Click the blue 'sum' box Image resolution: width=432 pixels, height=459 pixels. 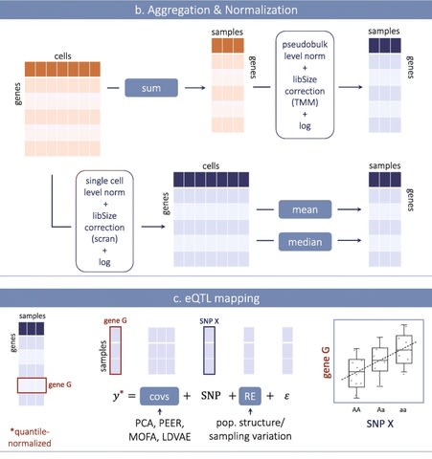coord(151,88)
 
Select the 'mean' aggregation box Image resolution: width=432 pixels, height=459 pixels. coord(305,209)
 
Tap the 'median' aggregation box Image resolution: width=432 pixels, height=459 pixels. coord(305,242)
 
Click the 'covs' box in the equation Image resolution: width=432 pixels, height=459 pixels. coord(159,396)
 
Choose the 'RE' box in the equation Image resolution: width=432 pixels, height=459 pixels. coord(250,396)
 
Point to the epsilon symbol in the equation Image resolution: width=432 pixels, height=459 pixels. coord(286,396)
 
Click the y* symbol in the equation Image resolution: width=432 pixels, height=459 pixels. coord(118,396)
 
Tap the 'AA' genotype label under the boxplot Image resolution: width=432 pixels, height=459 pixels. coord(356,409)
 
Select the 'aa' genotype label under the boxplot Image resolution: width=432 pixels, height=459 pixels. coord(403,409)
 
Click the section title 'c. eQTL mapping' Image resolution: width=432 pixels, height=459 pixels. coord(216,298)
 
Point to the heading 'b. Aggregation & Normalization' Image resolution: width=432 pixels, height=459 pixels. coord(216,10)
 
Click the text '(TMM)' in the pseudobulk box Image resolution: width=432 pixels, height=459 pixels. coord(305,102)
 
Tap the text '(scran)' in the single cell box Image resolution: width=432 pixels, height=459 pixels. coord(104,239)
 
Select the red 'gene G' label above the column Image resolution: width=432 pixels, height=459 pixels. coord(115,320)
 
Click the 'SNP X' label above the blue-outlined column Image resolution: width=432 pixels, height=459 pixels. coord(209,321)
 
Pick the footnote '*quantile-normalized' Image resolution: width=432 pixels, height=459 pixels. coord(30,437)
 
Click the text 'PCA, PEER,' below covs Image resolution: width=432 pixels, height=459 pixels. coord(160,423)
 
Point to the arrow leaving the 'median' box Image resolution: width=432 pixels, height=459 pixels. coord(350,240)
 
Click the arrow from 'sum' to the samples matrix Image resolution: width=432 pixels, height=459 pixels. coord(195,87)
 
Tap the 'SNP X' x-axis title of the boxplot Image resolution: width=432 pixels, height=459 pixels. coord(379,424)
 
